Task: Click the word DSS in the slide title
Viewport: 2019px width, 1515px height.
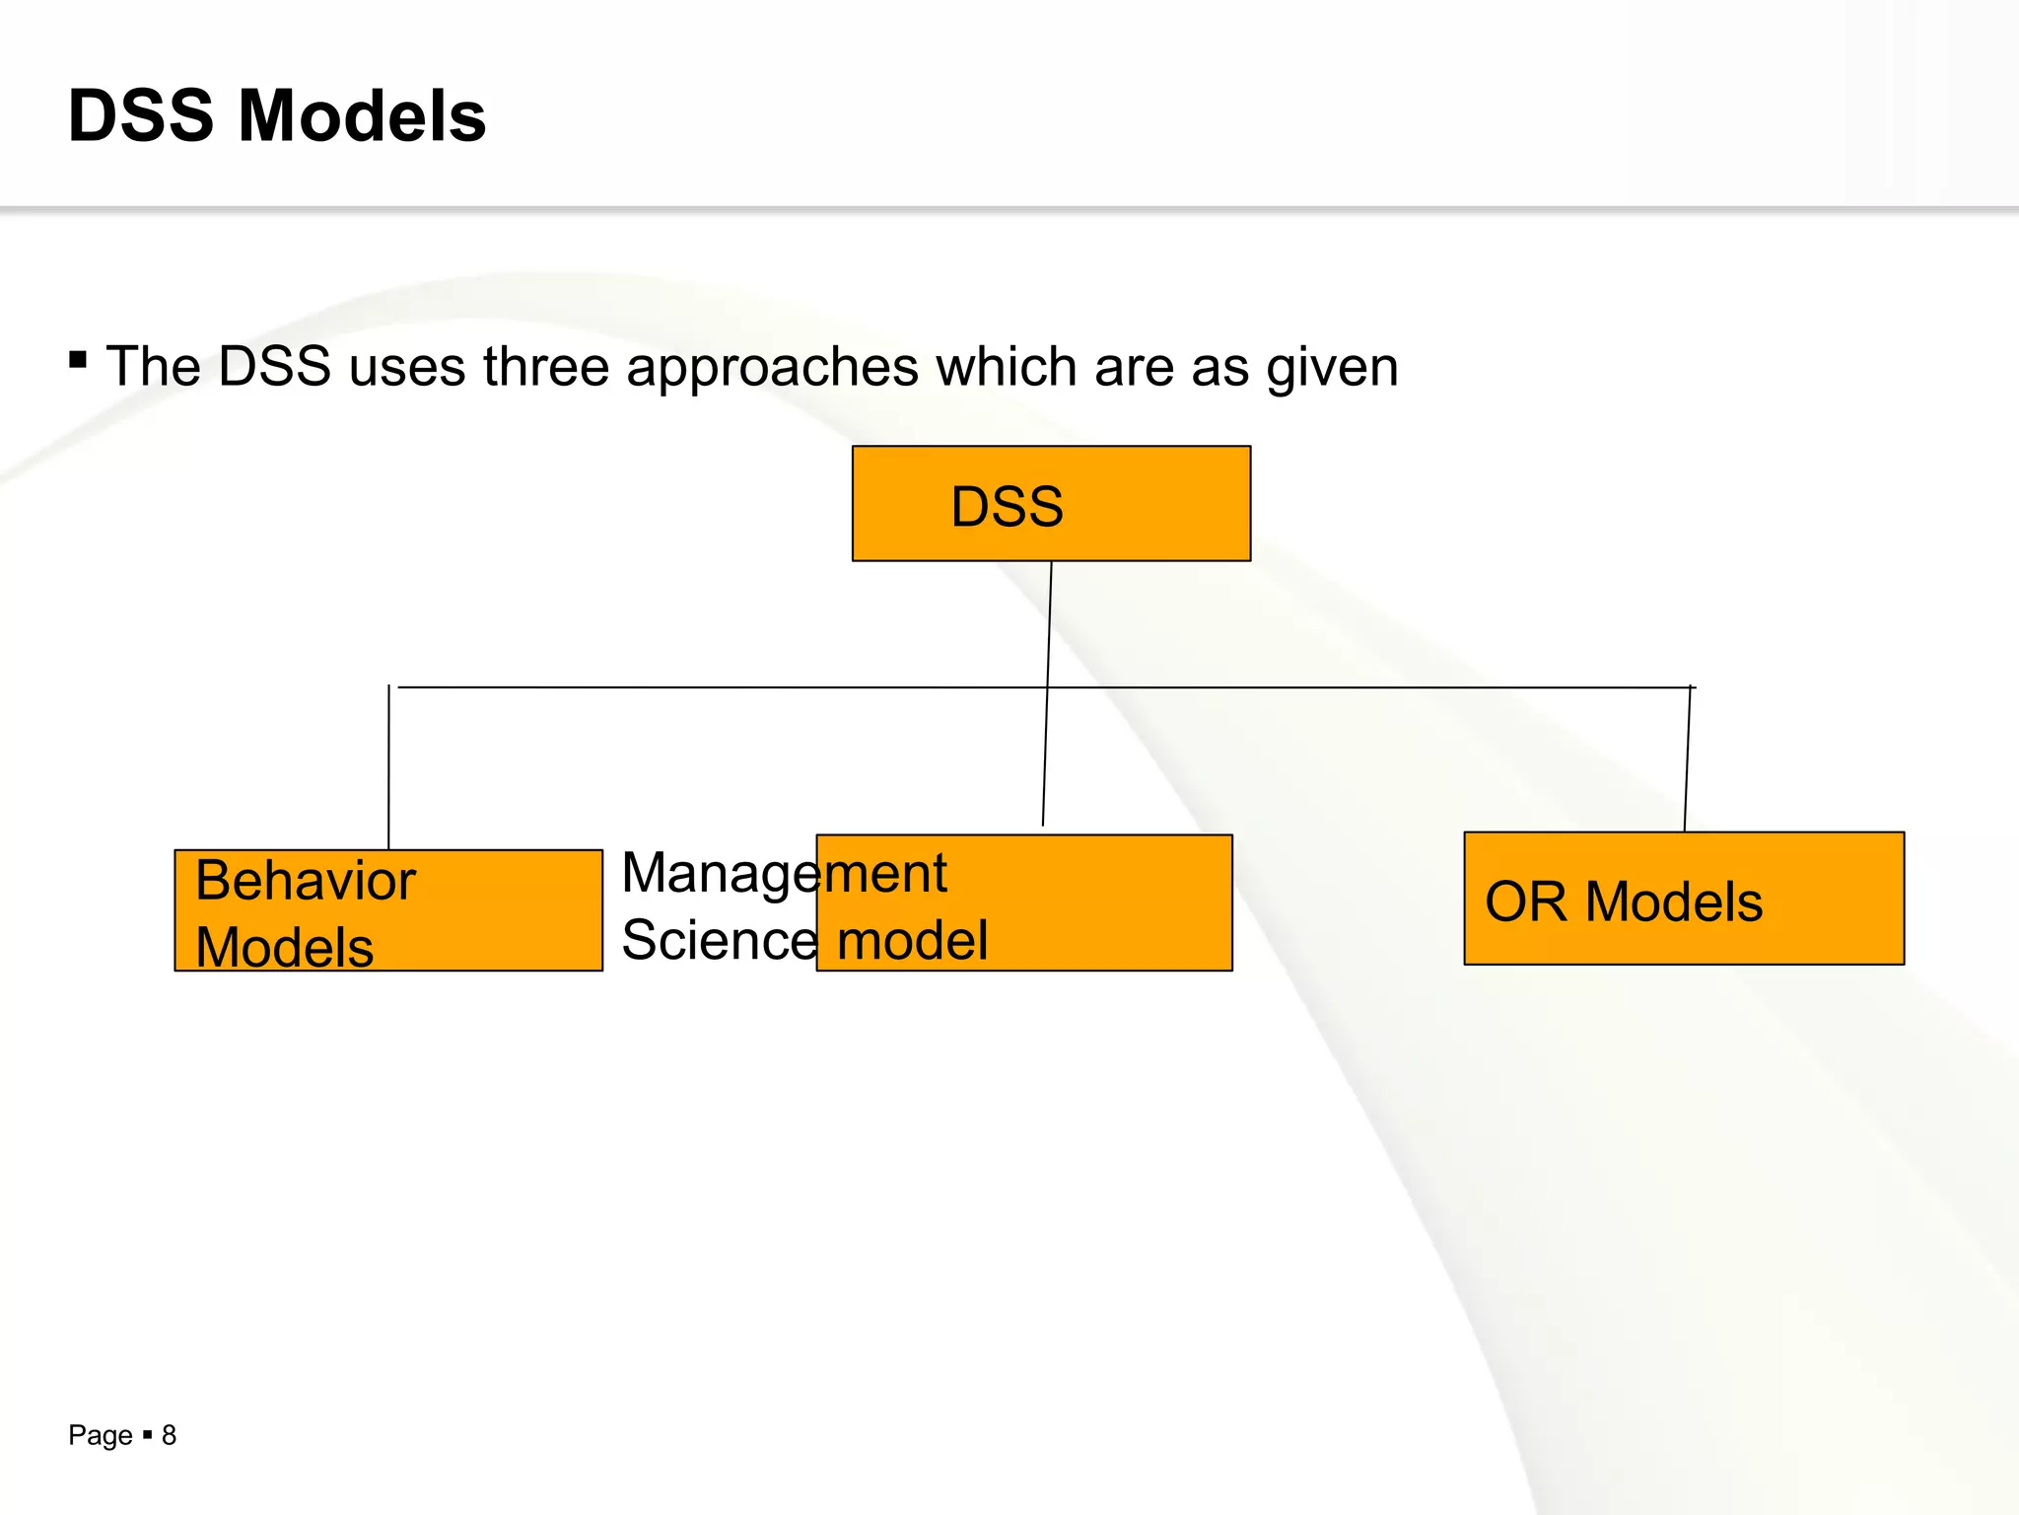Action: click(x=141, y=116)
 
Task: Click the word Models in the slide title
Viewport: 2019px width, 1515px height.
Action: click(x=362, y=116)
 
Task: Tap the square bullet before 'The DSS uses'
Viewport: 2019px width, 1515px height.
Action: click(x=78, y=359)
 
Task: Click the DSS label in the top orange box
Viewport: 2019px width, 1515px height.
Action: click(x=1007, y=507)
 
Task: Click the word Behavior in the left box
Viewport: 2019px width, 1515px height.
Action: click(x=306, y=880)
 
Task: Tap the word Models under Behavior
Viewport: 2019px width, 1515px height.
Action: click(x=284, y=947)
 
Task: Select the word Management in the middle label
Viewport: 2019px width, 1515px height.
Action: click(x=784, y=874)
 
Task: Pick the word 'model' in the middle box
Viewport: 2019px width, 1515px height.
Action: click(x=912, y=940)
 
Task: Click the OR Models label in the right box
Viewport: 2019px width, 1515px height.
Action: click(x=1624, y=902)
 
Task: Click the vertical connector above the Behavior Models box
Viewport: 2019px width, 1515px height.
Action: click(x=388, y=769)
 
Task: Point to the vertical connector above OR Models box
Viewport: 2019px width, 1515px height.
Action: click(x=1688, y=759)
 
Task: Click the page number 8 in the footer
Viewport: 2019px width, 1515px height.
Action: click(x=169, y=1435)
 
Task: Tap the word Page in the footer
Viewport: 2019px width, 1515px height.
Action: click(x=100, y=1436)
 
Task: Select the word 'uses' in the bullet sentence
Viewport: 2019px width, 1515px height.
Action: click(x=406, y=367)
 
